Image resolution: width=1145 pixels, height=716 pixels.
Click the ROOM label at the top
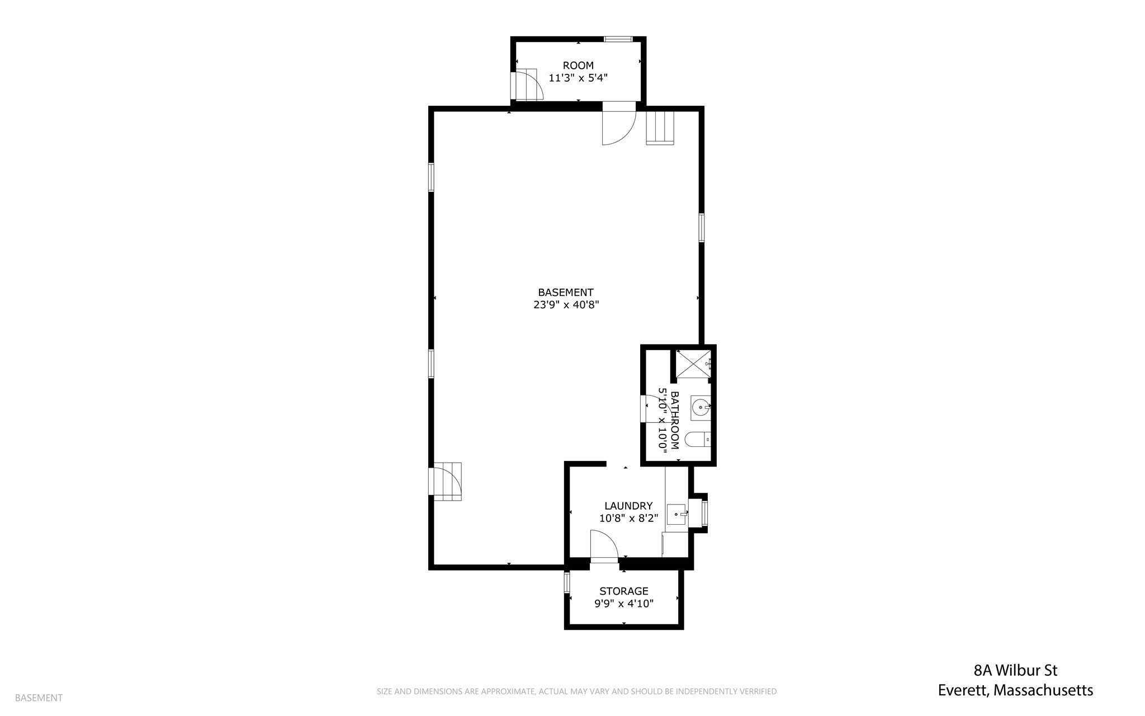click(578, 65)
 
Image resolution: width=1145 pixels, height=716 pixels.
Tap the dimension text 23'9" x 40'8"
click(566, 305)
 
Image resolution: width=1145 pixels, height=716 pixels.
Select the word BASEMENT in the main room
click(566, 292)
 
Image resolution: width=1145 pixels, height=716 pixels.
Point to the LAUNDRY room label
click(628, 506)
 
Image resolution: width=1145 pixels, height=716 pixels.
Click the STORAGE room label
click(624, 591)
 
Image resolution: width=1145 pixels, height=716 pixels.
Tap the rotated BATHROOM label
click(675, 420)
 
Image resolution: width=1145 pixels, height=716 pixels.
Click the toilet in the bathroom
click(698, 440)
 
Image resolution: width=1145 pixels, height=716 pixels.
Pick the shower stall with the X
click(693, 364)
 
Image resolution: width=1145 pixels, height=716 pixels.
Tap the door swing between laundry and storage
click(604, 546)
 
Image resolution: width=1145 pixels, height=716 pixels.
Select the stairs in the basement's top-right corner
click(660, 128)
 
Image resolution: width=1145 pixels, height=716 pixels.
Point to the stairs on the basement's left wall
click(446, 482)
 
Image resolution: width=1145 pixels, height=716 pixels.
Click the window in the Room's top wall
click(618, 39)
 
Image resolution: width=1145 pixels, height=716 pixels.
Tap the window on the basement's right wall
click(701, 228)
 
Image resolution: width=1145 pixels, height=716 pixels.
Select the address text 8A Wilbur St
click(1015, 670)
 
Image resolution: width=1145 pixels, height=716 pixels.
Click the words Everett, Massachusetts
click(1015, 690)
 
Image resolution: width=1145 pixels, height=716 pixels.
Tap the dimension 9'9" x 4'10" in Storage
click(624, 604)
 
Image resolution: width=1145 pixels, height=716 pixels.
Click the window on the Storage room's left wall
click(567, 582)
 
